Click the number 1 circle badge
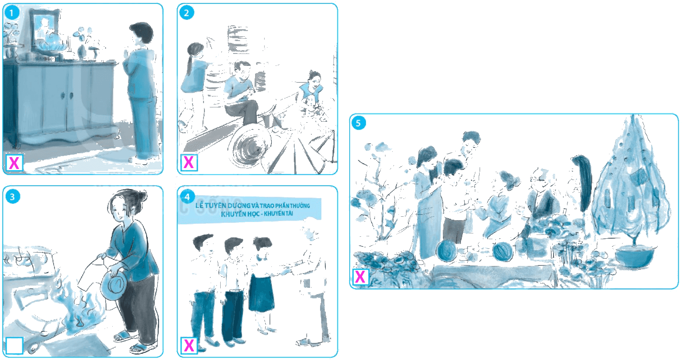point(12,13)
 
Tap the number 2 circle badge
point(187,13)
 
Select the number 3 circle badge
point(12,197)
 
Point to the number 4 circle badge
point(187,197)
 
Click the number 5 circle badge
point(358,123)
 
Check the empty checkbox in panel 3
point(14,345)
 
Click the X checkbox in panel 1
point(14,163)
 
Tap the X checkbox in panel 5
point(360,277)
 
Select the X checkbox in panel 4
point(189,345)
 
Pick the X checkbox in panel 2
point(189,162)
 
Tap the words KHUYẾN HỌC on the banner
point(239,213)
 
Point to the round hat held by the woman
point(113,286)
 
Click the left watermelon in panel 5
point(447,251)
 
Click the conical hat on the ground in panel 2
point(249,148)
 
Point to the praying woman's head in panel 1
point(141,34)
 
